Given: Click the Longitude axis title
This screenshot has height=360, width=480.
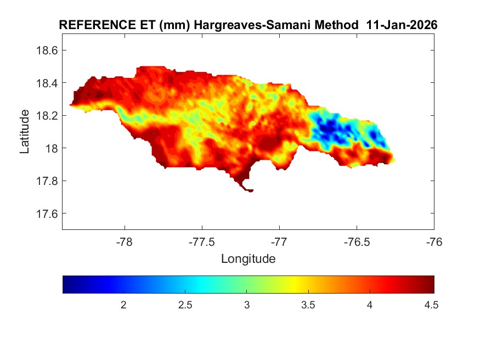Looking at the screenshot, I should (x=248, y=258).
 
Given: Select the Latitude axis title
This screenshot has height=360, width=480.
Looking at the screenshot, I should (x=25, y=132).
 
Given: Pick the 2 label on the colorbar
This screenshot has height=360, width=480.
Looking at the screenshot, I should (x=124, y=305).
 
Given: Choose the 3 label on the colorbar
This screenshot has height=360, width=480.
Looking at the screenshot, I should (x=247, y=305).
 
